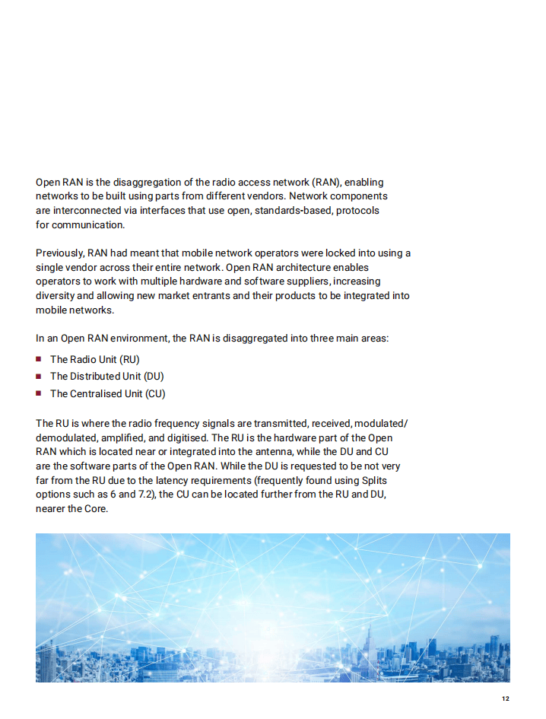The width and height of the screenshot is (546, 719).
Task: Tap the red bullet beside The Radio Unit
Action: pos(39,359)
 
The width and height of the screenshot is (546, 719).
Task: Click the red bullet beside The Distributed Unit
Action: pos(39,377)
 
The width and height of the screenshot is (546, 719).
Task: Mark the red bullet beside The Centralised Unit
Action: pos(39,394)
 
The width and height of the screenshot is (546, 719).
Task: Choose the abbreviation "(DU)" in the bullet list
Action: pos(154,377)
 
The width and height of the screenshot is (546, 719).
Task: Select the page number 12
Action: pos(505,699)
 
